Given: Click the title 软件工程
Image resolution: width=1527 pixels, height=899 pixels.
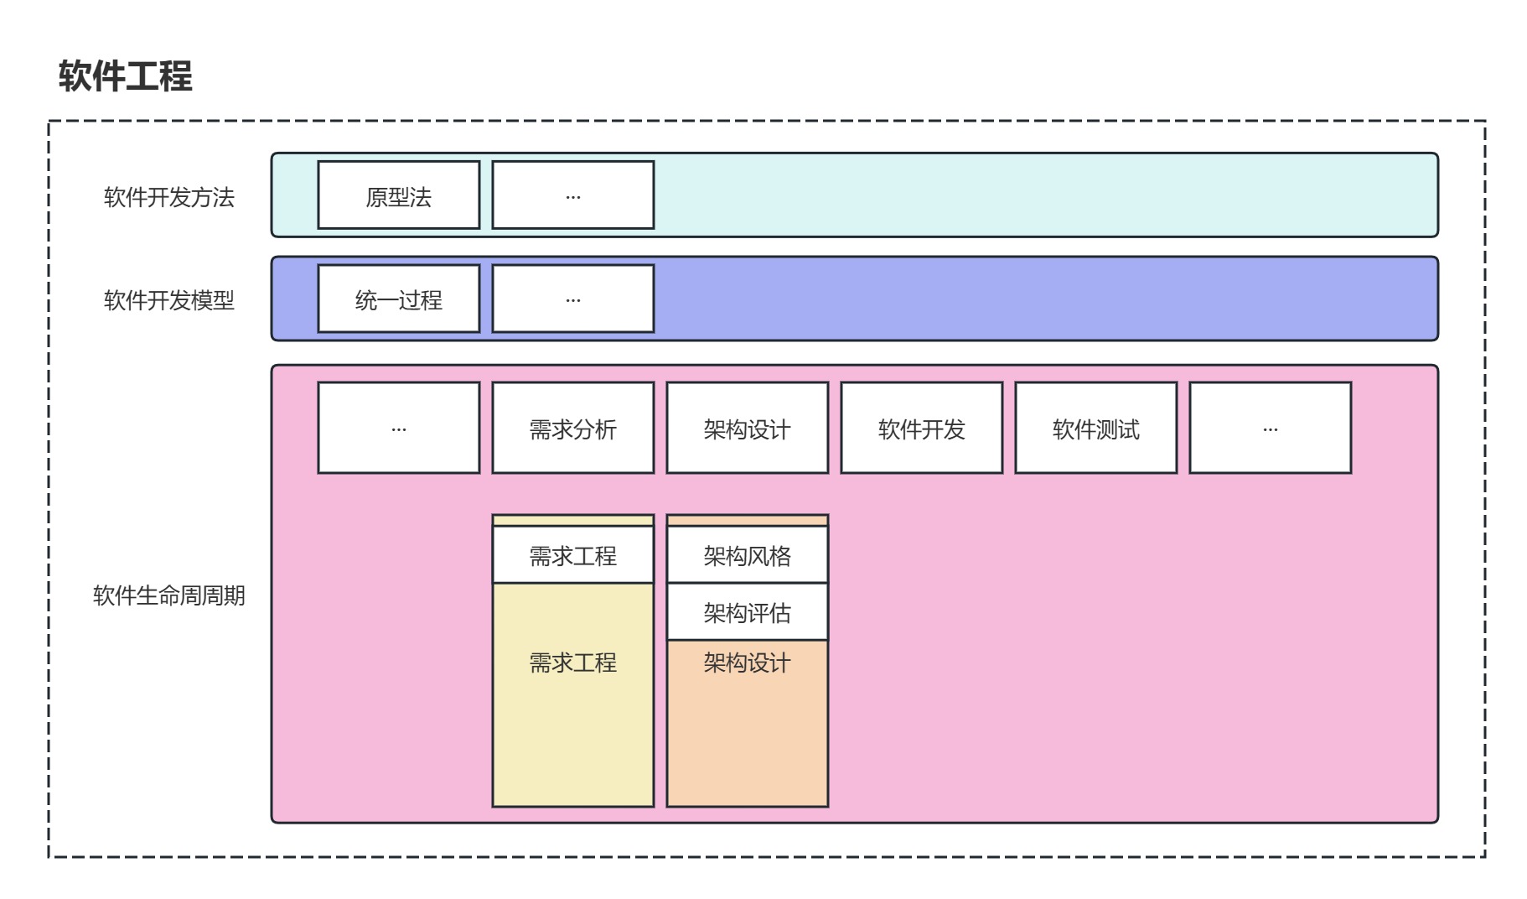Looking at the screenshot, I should click(x=126, y=76).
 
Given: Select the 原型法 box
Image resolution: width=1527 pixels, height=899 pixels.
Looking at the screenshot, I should click(x=399, y=195).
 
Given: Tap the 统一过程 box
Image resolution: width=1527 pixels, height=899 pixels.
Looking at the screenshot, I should click(x=399, y=299).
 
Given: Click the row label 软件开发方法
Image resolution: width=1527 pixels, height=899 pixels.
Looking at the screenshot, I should click(x=168, y=197).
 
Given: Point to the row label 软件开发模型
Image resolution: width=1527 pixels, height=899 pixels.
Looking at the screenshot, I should click(x=168, y=300).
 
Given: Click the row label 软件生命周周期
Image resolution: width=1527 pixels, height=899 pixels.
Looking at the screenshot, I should click(x=168, y=595).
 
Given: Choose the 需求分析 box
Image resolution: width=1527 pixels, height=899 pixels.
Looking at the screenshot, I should click(x=573, y=429).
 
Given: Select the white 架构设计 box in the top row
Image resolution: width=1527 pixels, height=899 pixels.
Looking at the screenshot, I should click(x=748, y=429).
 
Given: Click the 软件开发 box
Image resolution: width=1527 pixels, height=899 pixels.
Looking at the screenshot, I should click(x=922, y=429).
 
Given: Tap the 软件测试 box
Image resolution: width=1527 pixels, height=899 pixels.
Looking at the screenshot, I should click(x=1096, y=429).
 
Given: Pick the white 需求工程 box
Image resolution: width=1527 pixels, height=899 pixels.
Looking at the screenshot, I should click(x=573, y=555).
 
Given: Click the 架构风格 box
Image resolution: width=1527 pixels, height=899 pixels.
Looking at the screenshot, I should click(x=748, y=555).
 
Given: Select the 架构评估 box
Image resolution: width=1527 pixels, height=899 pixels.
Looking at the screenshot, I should click(x=748, y=612).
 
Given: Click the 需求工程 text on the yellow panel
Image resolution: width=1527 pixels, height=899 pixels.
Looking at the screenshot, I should click(x=573, y=663).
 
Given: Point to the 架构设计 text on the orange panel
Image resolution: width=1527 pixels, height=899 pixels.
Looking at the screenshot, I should click(x=748, y=663).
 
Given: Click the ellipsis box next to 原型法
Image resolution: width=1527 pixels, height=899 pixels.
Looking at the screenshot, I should click(x=573, y=195).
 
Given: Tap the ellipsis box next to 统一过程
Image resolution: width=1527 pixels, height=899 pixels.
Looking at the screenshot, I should click(x=573, y=299).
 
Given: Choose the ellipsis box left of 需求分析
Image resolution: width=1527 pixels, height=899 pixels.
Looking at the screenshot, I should click(x=399, y=429).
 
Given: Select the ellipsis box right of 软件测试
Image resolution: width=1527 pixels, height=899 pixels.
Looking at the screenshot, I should click(x=1271, y=429).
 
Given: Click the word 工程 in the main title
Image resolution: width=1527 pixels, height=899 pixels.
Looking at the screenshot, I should click(x=159, y=76).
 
